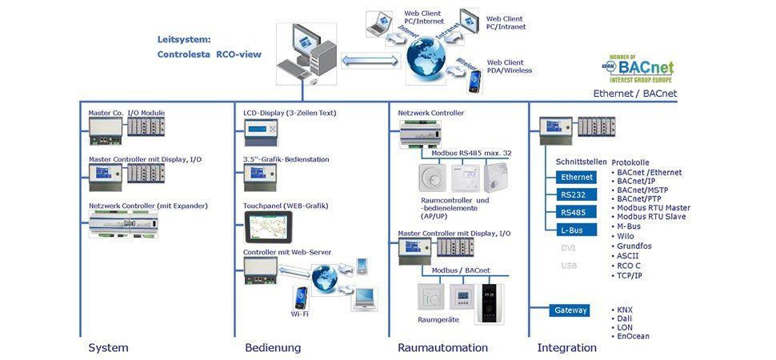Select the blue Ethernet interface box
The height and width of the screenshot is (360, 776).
577,177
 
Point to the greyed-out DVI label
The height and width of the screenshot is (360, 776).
568,248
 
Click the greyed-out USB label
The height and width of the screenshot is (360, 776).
568,266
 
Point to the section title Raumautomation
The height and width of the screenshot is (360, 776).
442,348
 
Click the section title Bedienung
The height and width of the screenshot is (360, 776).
273,348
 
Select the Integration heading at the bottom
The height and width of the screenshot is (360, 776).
566,348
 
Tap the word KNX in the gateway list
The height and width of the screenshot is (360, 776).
625,309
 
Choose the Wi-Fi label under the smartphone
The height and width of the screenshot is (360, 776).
299,314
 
